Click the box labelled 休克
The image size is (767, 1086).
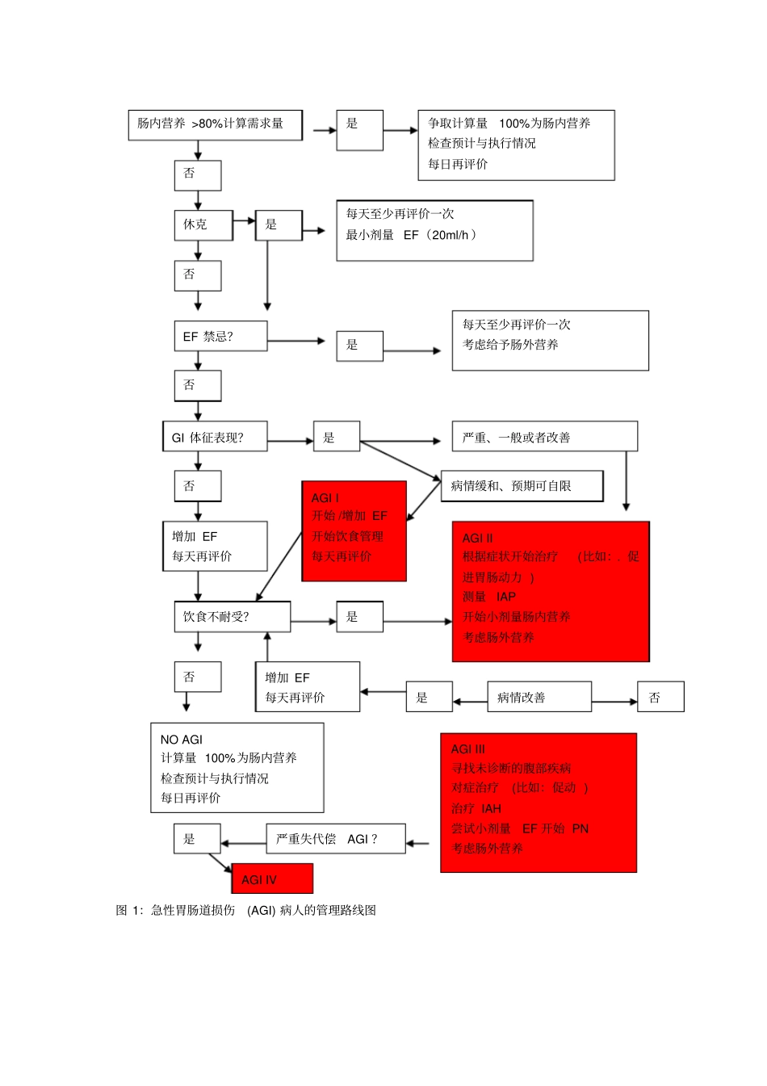click(203, 225)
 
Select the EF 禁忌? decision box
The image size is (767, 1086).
click(220, 336)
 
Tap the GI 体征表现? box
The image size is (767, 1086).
click(214, 437)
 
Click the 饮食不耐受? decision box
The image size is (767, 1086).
click(232, 617)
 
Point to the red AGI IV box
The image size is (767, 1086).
click(271, 878)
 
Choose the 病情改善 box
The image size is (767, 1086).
click(539, 697)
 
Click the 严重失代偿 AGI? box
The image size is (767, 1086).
click(335, 839)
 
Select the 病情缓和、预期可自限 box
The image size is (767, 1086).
click(522, 486)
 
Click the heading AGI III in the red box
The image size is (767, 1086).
click(468, 748)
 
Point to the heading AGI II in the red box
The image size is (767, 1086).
click(477, 538)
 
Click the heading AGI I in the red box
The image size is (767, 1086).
click(325, 497)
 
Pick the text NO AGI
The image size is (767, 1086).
click(182, 739)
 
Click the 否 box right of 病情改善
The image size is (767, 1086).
click(660, 697)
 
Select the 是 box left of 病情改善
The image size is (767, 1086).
click(428, 697)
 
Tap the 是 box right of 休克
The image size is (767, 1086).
click(278, 225)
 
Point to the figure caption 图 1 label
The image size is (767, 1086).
click(129, 910)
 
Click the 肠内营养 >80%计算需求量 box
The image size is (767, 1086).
click(215, 124)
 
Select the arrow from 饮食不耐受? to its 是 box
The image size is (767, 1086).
click(313, 621)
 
